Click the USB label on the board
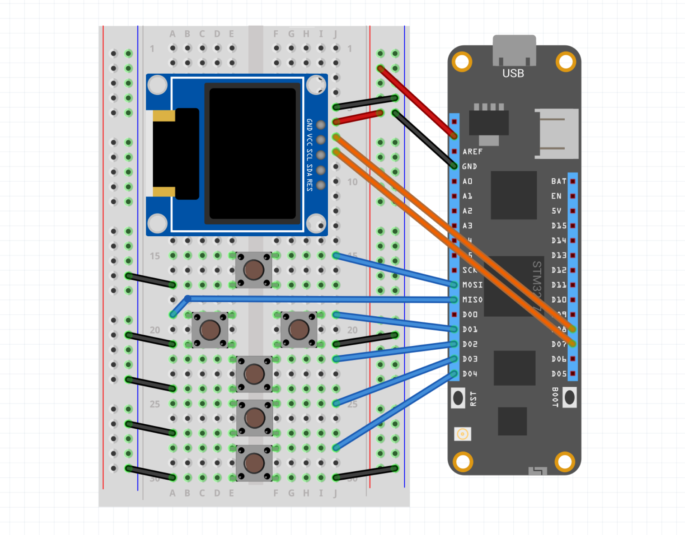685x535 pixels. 513,74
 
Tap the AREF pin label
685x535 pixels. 472,152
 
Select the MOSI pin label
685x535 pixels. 472,285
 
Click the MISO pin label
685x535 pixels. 472,300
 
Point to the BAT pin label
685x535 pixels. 558,181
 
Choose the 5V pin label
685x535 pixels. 556,211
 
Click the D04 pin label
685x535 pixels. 470,374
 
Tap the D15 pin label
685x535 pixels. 559,226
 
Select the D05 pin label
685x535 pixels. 559,374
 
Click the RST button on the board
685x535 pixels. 458,398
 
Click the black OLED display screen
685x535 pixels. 252,153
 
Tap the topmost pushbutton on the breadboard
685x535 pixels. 254,270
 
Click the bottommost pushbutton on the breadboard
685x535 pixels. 254,463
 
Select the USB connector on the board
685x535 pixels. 514,50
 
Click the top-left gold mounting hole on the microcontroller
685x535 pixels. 462,62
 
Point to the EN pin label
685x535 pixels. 556,196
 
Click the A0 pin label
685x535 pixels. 467,181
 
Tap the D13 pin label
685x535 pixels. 559,256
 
